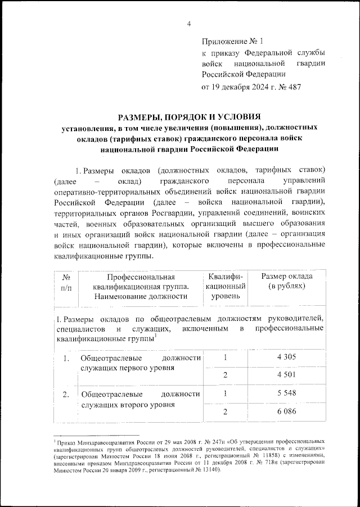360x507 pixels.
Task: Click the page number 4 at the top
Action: click(189, 23)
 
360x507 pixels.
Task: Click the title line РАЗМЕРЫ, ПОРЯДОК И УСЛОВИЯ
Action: click(189, 117)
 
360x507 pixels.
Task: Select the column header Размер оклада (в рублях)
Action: click(287, 282)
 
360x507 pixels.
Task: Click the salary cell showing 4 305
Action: click(287, 356)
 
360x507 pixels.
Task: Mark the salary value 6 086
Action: click(287, 413)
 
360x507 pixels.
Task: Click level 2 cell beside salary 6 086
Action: click(225, 413)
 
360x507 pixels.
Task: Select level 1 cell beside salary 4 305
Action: click(225, 356)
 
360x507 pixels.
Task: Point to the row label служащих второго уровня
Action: click(125, 404)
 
